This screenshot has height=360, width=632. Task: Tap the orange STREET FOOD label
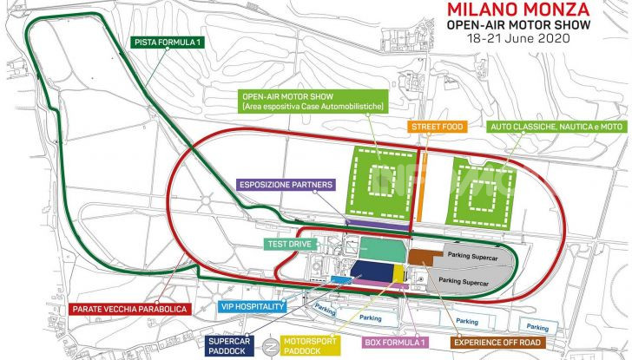439,127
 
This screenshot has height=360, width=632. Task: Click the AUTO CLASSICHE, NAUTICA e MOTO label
556,127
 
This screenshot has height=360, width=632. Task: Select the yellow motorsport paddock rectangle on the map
398,274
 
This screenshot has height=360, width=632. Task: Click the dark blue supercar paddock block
372,272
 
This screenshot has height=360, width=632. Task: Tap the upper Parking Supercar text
473,255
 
